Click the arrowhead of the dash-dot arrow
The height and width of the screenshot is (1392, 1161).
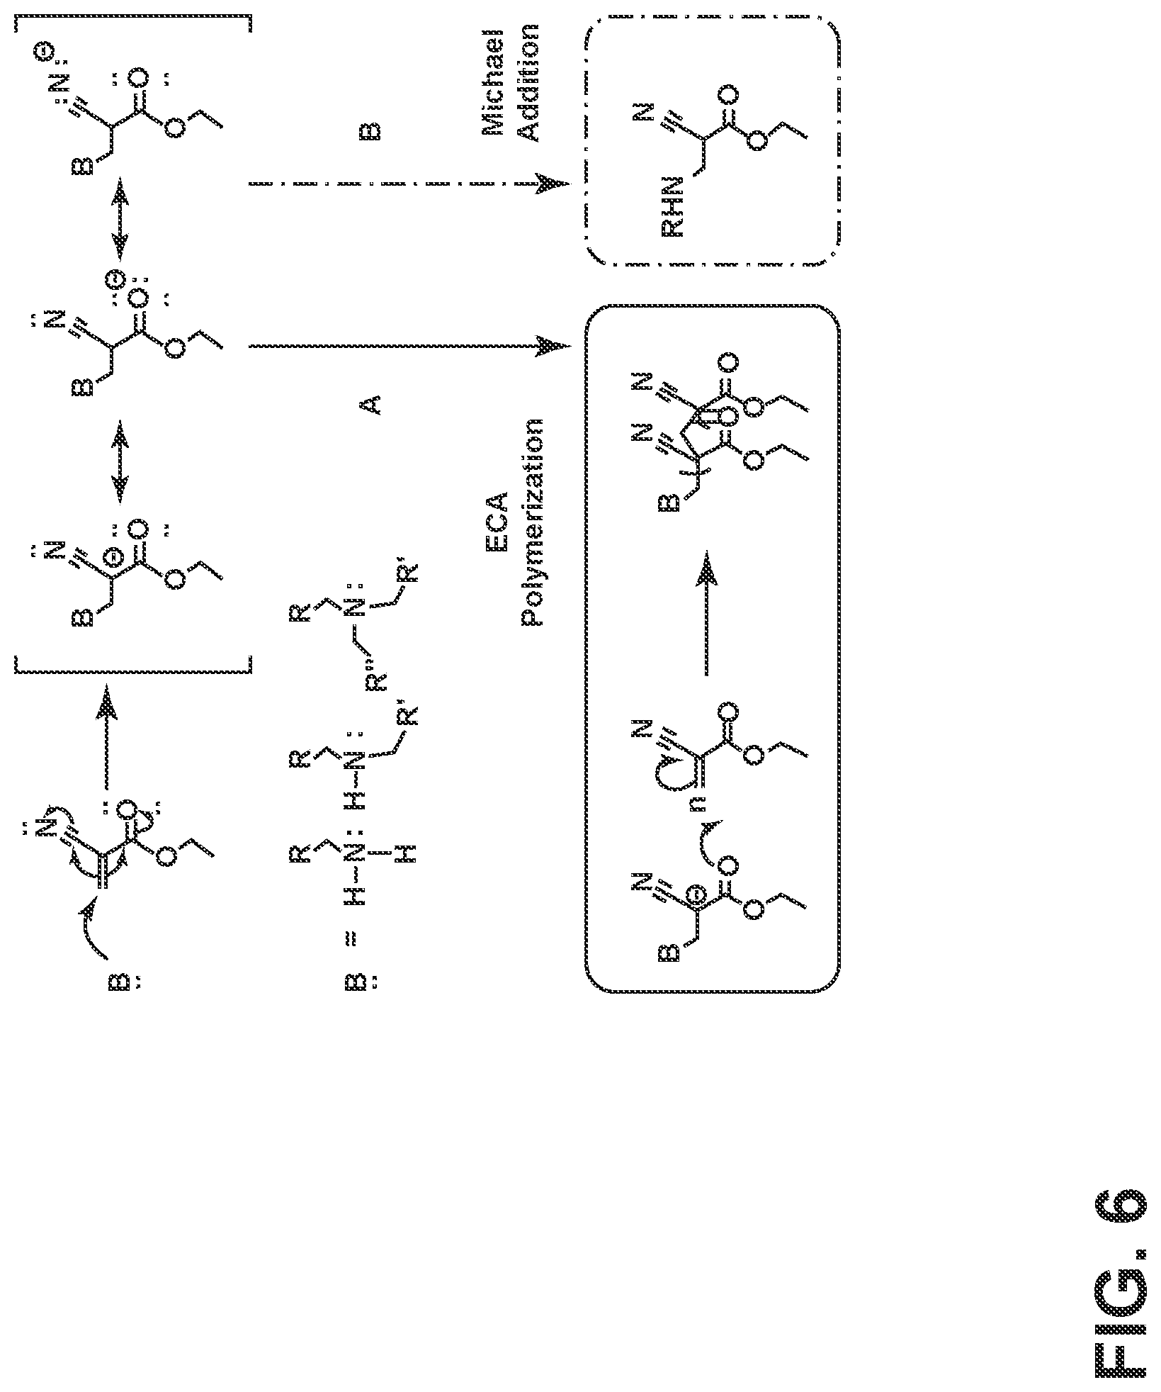[x=553, y=184]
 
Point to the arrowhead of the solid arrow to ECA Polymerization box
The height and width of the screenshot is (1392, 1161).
[x=553, y=347]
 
